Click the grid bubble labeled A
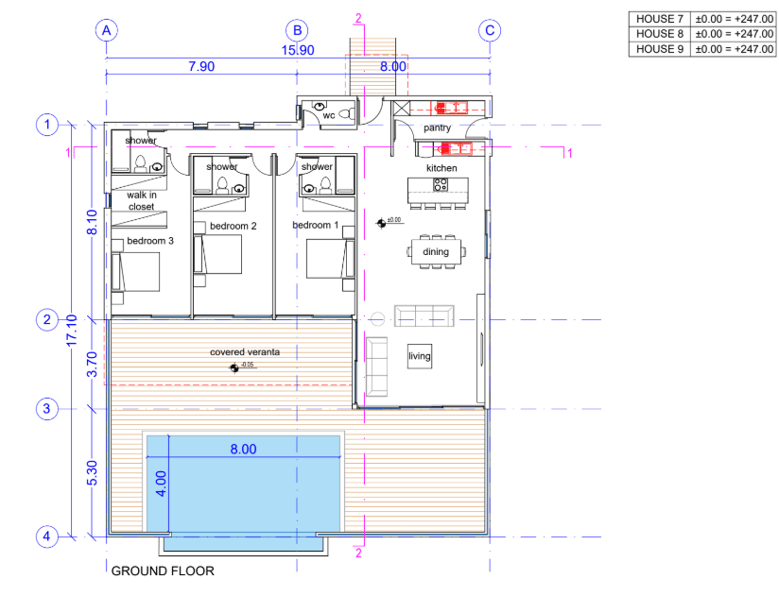107,30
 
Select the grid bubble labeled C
489,30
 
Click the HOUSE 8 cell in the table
659,33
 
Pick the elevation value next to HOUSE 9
734,49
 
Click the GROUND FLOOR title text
163,571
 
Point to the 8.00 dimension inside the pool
244,450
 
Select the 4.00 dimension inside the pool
161,484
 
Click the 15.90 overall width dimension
298,50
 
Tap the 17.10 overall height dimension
72,330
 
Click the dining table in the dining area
436,252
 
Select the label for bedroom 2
234,226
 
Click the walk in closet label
141,200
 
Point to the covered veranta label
246,352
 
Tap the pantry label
437,128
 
